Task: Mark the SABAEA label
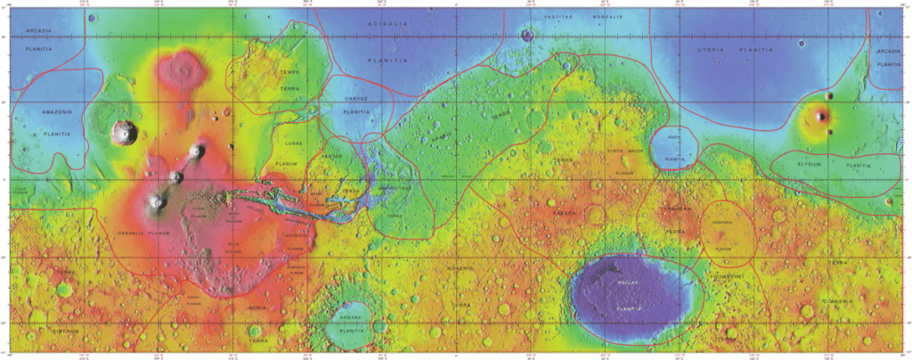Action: (x=564, y=215)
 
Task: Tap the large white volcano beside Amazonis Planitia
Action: (x=122, y=133)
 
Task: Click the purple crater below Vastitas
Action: (x=528, y=37)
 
